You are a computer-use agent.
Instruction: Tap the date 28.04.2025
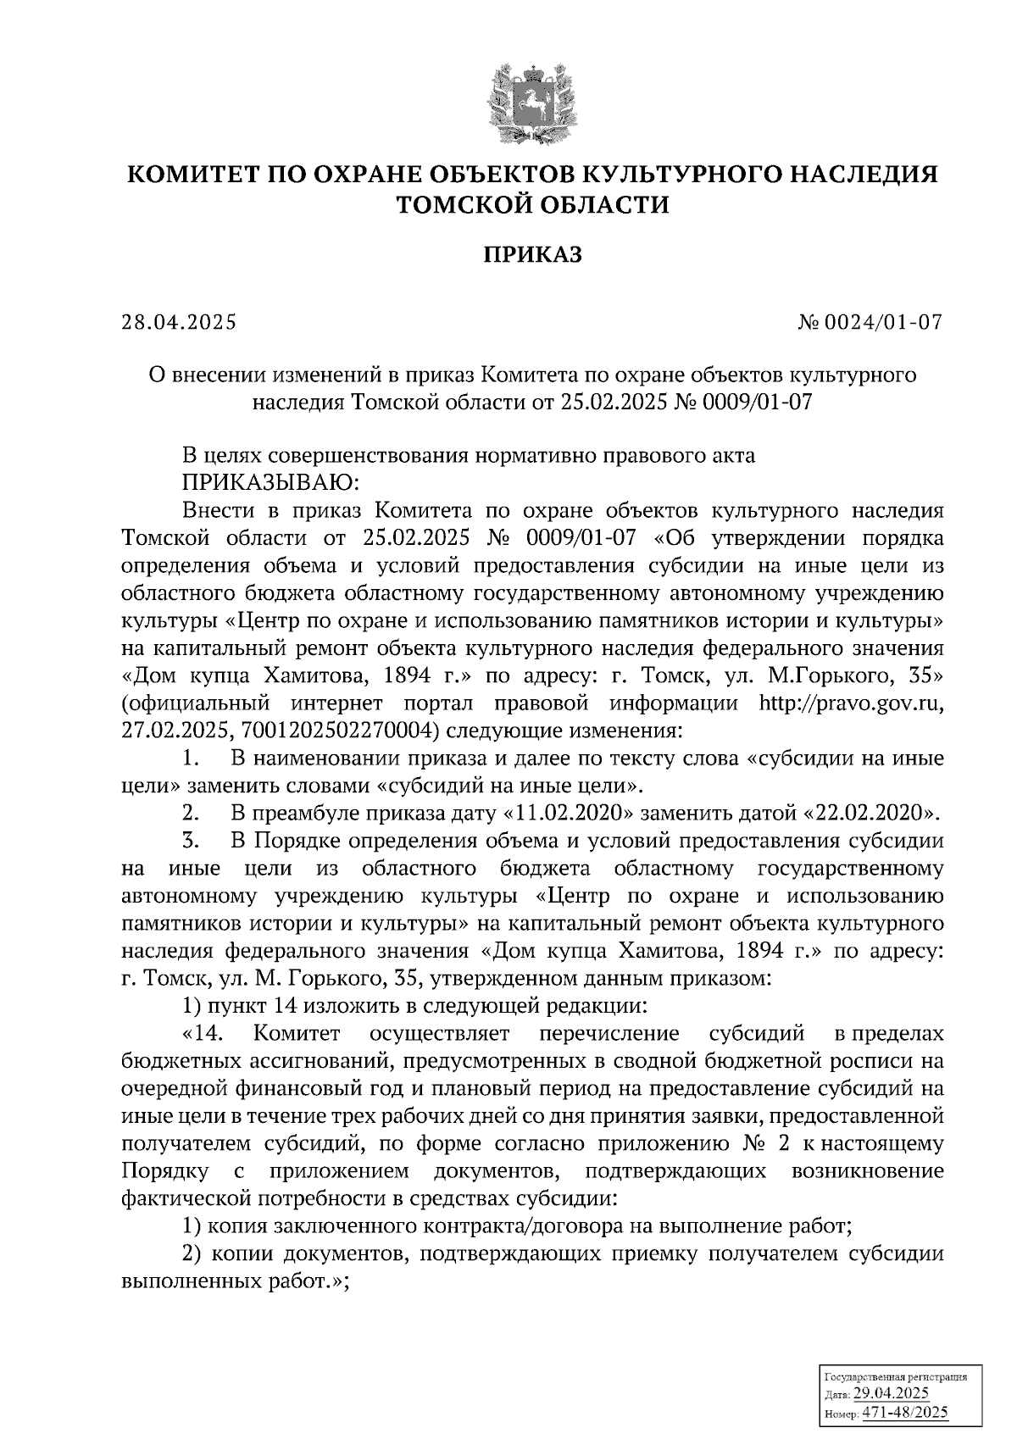[179, 323]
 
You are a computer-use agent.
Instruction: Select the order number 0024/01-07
[889, 323]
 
